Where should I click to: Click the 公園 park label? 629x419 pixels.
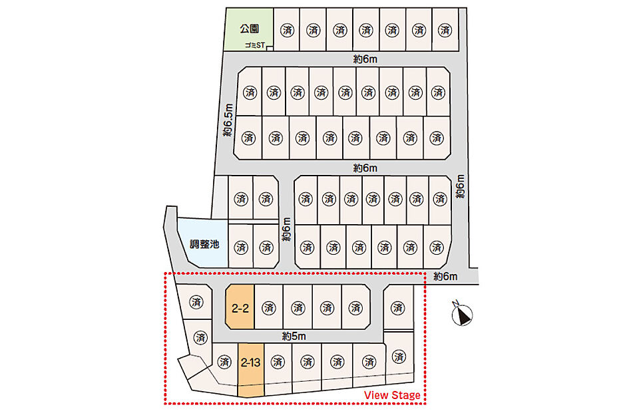pos(250,29)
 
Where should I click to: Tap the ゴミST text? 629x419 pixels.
pos(255,45)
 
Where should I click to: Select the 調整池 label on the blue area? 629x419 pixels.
pos(204,244)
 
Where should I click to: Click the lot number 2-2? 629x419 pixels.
pos(240,308)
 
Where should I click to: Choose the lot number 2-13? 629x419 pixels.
pos(251,362)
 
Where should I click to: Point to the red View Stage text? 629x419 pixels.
pos(392,395)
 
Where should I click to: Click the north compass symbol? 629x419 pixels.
pos(462,314)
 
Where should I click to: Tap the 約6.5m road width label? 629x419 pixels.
pos(228,120)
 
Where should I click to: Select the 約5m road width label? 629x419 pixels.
pos(294,336)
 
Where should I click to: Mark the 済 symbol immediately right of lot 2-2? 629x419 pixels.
pos(269,308)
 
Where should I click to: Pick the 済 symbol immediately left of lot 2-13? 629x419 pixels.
pos(225,362)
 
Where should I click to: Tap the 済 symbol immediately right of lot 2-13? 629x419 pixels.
pos(278,362)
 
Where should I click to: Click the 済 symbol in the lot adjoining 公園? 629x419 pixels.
pos(288,30)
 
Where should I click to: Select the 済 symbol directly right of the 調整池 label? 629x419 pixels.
pos(241,247)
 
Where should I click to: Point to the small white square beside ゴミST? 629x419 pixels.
pos(270,49)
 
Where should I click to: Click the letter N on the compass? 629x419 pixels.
pos(455,303)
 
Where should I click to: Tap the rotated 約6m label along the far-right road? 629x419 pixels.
pos(461,186)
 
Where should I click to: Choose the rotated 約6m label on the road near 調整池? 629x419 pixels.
pos(286,229)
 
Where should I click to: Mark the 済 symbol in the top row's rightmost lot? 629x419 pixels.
pos(445,30)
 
